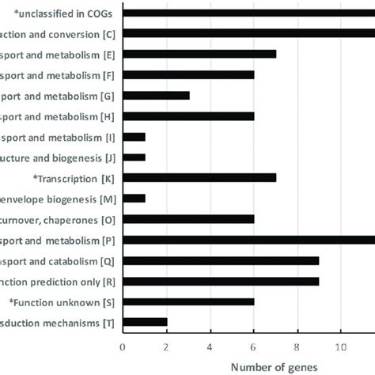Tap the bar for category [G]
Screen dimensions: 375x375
pos(157,95)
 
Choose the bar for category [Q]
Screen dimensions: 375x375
pos(222,259)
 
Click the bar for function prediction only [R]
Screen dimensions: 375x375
pos(222,280)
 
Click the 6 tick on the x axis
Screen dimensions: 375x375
pos(254,346)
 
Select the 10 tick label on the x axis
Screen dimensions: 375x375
pos(341,346)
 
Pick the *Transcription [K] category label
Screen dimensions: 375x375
pos(74,178)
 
